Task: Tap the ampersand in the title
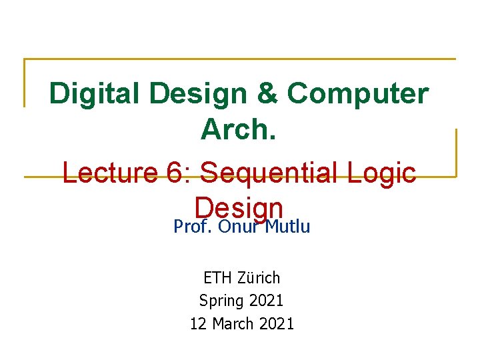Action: (x=267, y=94)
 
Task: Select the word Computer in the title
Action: (x=357, y=94)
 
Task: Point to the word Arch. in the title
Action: (x=239, y=129)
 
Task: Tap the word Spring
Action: (x=221, y=301)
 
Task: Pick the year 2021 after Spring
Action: (x=266, y=301)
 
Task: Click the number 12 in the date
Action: (x=198, y=324)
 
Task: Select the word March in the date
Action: (x=232, y=324)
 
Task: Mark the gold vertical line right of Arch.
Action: (x=456, y=152)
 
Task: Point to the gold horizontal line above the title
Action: (x=240, y=59)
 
